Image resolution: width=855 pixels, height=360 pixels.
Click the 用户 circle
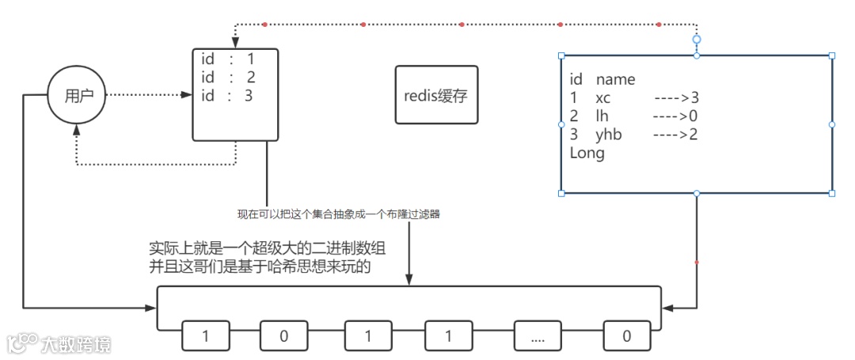[77, 95]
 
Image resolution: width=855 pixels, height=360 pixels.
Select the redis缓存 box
[436, 95]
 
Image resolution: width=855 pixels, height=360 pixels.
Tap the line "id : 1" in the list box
[227, 59]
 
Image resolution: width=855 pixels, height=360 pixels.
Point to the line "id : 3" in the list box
[227, 97]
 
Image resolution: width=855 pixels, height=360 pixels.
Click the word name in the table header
[615, 80]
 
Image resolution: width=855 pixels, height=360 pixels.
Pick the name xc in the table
[603, 98]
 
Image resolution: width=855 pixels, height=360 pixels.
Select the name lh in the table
[602, 116]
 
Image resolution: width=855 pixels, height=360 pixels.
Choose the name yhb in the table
[608, 135]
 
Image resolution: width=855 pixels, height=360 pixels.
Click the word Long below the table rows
[587, 153]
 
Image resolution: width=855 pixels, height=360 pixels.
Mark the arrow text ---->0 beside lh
[675, 116]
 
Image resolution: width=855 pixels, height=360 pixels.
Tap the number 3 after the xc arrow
[695, 98]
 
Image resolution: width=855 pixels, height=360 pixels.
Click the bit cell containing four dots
[538, 336]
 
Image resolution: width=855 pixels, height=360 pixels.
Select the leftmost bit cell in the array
[206, 336]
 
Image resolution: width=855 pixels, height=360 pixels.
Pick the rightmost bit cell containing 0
[626, 336]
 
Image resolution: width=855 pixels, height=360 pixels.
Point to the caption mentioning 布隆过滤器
[338, 214]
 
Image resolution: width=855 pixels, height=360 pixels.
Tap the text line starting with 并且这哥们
[260, 267]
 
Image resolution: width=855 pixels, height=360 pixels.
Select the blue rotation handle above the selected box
[697, 39]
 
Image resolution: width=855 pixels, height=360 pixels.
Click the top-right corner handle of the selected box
[832, 55]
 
